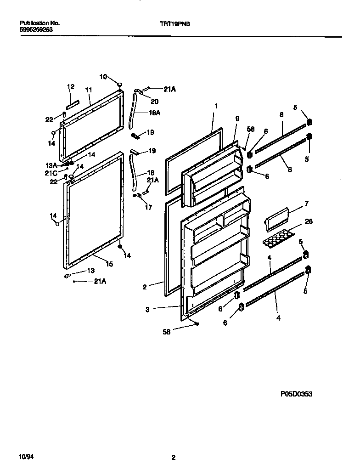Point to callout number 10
(103, 76)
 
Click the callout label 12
(71, 86)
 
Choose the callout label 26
(309, 221)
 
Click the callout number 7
(306, 203)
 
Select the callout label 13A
(51, 165)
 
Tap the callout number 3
(147, 310)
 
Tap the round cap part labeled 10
(120, 85)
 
